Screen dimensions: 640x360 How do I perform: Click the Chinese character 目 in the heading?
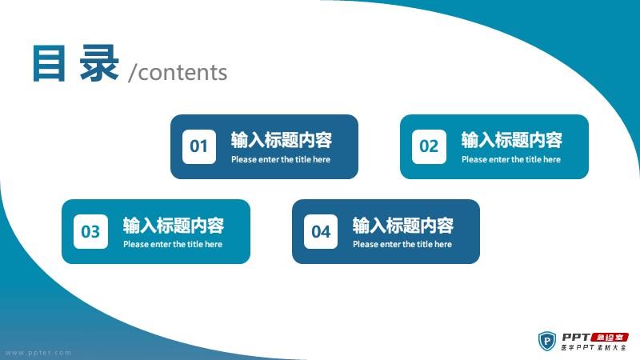[49, 63]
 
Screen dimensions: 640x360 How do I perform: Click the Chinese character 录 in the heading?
[99, 63]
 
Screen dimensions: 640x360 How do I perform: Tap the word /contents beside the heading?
[178, 72]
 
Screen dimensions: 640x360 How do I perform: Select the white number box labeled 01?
[198, 146]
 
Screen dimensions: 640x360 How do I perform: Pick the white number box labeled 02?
[429, 146]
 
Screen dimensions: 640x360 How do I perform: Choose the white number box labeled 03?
[90, 231]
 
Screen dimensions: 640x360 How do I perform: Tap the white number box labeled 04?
[321, 231]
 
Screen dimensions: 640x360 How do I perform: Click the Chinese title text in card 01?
[282, 140]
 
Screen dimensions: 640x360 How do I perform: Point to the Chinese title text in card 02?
[512, 140]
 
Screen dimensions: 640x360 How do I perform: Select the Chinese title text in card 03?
[174, 226]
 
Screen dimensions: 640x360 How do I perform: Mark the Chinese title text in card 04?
[403, 226]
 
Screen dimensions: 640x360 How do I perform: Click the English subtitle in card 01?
[281, 159]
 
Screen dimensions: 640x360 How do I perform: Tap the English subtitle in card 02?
[511, 159]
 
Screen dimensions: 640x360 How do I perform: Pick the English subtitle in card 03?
[173, 245]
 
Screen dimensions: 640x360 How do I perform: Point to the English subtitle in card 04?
[402, 245]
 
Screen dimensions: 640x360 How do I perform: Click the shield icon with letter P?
[547, 341]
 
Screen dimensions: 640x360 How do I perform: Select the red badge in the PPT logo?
[610, 338]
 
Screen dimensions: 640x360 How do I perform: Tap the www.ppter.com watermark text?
[38, 353]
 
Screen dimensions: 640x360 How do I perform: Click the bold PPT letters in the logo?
[576, 337]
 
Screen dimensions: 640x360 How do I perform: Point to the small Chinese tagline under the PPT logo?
[594, 347]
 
